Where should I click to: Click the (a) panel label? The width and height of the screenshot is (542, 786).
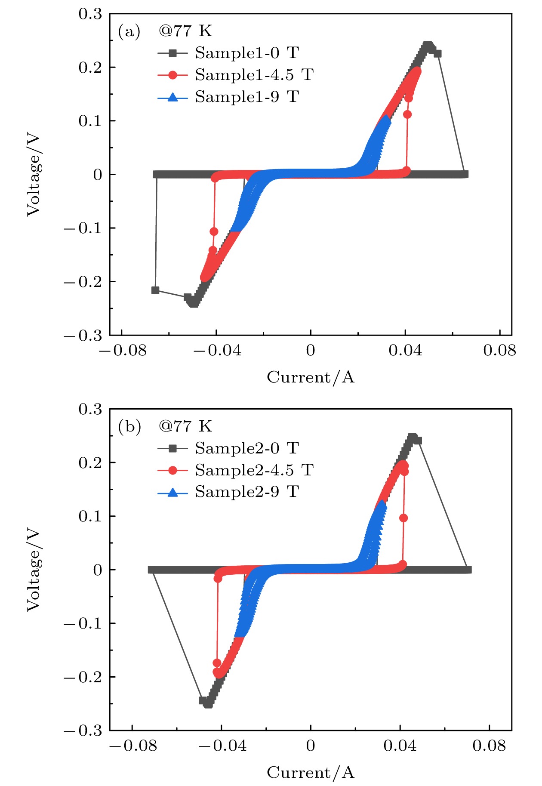pyautogui.click(x=129, y=31)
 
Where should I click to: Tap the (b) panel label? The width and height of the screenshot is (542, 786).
pyautogui.click(x=129, y=427)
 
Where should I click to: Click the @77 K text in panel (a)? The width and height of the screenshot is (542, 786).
pyautogui.click(x=185, y=31)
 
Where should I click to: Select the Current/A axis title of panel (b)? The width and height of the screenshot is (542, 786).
pyautogui.click(x=311, y=773)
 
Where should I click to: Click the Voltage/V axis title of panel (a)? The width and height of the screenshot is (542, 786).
pyautogui.click(x=34, y=175)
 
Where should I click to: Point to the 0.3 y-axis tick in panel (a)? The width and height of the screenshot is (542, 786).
pyautogui.click(x=90, y=14)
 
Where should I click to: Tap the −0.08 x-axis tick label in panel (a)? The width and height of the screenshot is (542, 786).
pyautogui.click(x=123, y=351)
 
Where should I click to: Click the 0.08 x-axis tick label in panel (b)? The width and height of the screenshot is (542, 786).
pyautogui.click(x=489, y=746)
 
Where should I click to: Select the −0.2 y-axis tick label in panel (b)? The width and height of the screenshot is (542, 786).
pyautogui.click(x=84, y=677)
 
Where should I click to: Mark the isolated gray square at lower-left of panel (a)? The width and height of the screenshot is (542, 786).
pyautogui.click(x=156, y=290)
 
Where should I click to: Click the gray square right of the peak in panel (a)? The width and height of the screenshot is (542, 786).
pyautogui.click(x=438, y=54)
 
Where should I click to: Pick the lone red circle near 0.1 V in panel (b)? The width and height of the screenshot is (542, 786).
pyautogui.click(x=403, y=518)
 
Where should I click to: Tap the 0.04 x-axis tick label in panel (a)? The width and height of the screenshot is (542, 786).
pyautogui.click(x=405, y=351)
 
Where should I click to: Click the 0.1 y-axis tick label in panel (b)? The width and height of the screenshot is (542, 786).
pyautogui.click(x=90, y=516)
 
